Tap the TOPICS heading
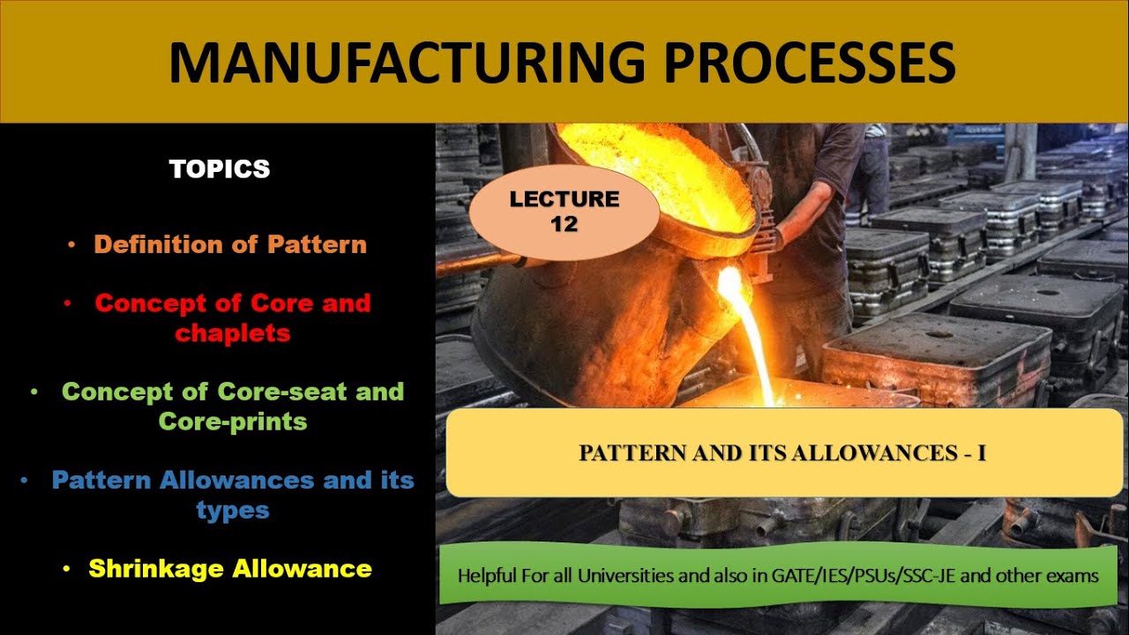coord(220,169)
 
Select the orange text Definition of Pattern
coord(230,244)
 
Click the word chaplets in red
coord(233,332)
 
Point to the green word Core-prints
coord(233,422)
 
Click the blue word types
coord(233,511)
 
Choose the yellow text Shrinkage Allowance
coord(230,569)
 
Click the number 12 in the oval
coord(564,224)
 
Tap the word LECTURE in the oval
coord(564,199)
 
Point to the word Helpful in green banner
coord(487,576)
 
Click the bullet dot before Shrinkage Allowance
coord(67,570)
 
